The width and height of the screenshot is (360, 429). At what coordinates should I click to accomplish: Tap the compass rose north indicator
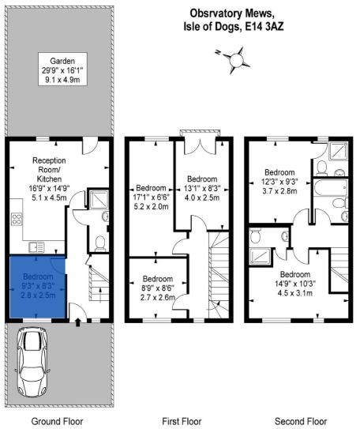tap(218, 51)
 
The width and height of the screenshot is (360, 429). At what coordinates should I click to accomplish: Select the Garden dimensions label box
tap(62, 70)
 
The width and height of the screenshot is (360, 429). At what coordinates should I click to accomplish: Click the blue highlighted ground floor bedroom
tap(38, 287)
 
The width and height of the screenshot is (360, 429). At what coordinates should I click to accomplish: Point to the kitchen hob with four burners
tap(17, 219)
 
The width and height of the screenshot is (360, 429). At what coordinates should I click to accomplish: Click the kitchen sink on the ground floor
tap(36, 247)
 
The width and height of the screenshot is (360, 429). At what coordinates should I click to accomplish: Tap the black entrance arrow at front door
tap(78, 322)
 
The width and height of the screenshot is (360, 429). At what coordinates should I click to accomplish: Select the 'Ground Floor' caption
tap(57, 421)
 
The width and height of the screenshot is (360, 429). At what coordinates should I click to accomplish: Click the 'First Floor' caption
tap(182, 421)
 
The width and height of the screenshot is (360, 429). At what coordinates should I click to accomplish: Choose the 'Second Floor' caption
tap(301, 421)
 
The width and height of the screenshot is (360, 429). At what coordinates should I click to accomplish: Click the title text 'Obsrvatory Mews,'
tap(231, 13)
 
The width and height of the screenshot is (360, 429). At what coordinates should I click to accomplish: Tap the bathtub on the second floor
tap(330, 188)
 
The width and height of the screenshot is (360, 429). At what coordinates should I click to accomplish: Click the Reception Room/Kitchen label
tap(49, 179)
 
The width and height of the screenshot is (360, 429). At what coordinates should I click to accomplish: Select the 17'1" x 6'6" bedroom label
tap(151, 197)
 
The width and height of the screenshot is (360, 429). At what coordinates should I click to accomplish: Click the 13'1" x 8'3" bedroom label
tap(202, 188)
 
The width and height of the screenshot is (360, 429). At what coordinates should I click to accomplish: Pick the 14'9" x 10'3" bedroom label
tap(295, 284)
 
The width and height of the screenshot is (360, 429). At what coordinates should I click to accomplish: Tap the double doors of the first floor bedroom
tap(201, 147)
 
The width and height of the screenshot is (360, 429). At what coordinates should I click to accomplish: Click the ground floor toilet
tap(100, 243)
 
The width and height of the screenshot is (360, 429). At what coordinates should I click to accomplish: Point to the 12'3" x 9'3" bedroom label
tap(279, 182)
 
